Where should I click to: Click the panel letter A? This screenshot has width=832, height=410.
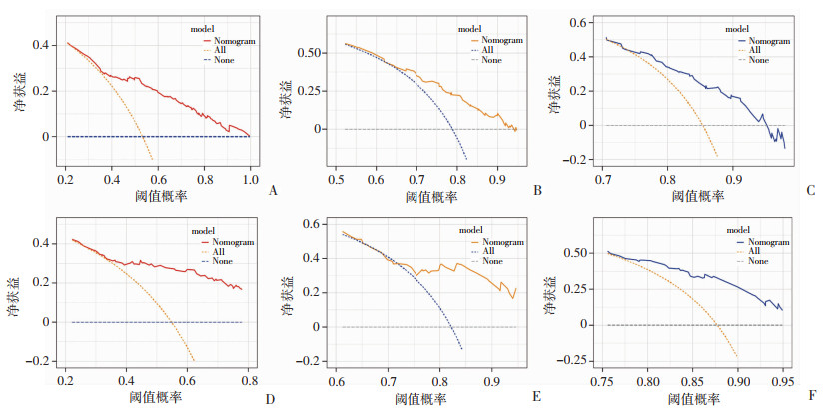(272, 186)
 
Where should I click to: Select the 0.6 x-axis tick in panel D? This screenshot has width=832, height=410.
(188, 381)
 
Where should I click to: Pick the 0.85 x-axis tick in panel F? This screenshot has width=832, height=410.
(693, 381)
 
